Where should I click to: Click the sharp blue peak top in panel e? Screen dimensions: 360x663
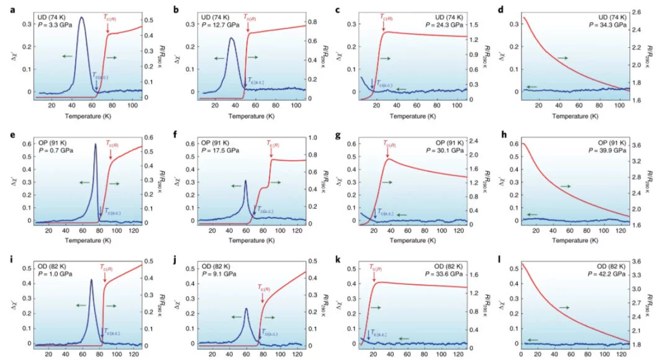coord(96,145)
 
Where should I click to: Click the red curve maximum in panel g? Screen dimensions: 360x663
coord(387,159)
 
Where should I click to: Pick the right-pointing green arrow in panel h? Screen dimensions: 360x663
coord(565,186)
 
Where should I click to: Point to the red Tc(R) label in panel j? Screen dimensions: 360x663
coord(265,287)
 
